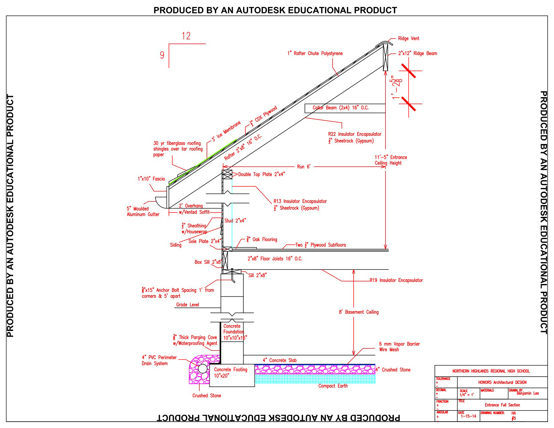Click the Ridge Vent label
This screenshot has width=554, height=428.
(408, 39)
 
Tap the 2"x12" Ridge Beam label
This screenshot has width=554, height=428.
(417, 53)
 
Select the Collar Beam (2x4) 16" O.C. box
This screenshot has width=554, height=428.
(344, 108)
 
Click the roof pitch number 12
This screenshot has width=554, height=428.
(186, 36)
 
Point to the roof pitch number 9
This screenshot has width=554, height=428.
(162, 55)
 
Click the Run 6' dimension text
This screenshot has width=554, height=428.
(304, 167)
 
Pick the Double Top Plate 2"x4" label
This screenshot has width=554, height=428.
(261, 174)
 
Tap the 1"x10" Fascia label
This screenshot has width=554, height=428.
(151, 179)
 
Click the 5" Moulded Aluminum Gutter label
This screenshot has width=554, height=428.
(143, 211)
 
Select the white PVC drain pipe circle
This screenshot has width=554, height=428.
(202, 369)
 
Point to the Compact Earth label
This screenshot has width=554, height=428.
(333, 386)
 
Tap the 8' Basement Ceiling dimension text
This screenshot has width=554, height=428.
(358, 312)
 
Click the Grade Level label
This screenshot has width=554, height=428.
(187, 305)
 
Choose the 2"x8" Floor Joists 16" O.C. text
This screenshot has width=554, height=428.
(275, 259)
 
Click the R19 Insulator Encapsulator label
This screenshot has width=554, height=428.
(396, 280)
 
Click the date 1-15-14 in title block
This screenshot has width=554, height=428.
(468, 416)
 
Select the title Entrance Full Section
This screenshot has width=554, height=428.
(502, 405)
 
